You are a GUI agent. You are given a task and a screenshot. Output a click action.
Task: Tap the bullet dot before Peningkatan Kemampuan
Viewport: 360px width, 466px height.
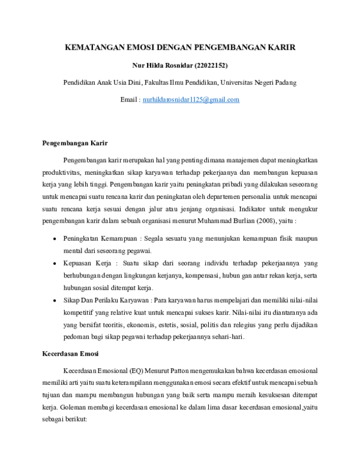point(55,239)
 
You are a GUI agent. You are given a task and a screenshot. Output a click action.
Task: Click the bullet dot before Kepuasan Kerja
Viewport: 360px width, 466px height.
point(55,264)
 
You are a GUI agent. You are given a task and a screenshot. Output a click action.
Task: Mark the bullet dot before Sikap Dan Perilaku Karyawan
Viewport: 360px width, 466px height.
point(55,300)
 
